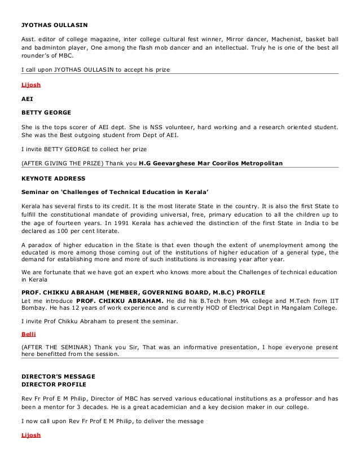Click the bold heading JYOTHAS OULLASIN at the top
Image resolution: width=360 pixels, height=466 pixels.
(x=54, y=24)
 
